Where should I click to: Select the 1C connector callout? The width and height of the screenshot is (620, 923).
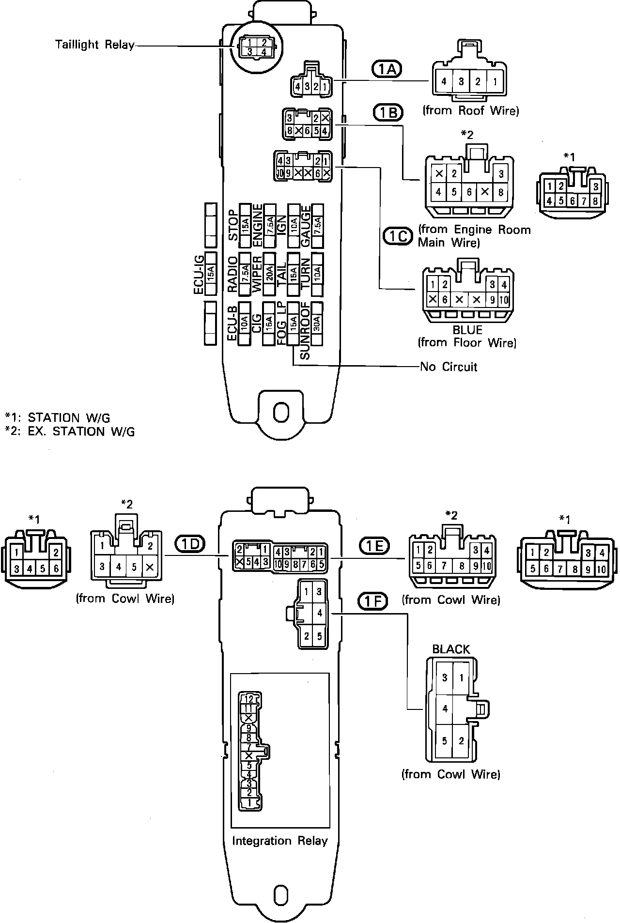(398, 236)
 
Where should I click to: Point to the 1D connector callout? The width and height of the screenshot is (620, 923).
(190, 544)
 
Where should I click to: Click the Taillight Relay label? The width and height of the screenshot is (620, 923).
(94, 45)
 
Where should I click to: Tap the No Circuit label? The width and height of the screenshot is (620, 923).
(449, 367)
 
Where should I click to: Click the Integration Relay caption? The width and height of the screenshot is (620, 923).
(279, 841)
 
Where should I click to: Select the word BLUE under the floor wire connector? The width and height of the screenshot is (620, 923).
(467, 330)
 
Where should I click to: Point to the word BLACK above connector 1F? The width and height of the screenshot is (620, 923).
(451, 649)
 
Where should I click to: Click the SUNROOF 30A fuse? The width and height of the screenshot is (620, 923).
(317, 323)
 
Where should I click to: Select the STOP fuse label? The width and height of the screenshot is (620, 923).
(233, 225)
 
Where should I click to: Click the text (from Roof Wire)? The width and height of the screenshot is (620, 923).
(471, 110)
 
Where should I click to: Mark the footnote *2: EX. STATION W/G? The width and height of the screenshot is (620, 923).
(70, 431)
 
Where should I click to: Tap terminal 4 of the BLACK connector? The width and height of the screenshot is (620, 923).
(445, 709)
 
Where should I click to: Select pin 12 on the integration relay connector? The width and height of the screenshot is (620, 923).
(249, 699)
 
